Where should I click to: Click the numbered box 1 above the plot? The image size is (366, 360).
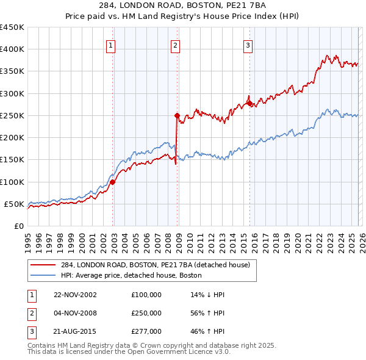point(110,45)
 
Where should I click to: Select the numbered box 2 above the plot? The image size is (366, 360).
point(175,45)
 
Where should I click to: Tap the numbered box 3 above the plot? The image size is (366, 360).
point(248,45)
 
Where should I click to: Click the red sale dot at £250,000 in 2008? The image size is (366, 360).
point(177,115)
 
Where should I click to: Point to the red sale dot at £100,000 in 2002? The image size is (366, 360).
point(113,182)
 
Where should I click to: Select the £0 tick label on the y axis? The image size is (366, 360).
point(18,226)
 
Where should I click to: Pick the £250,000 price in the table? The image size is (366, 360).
point(146,313)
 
